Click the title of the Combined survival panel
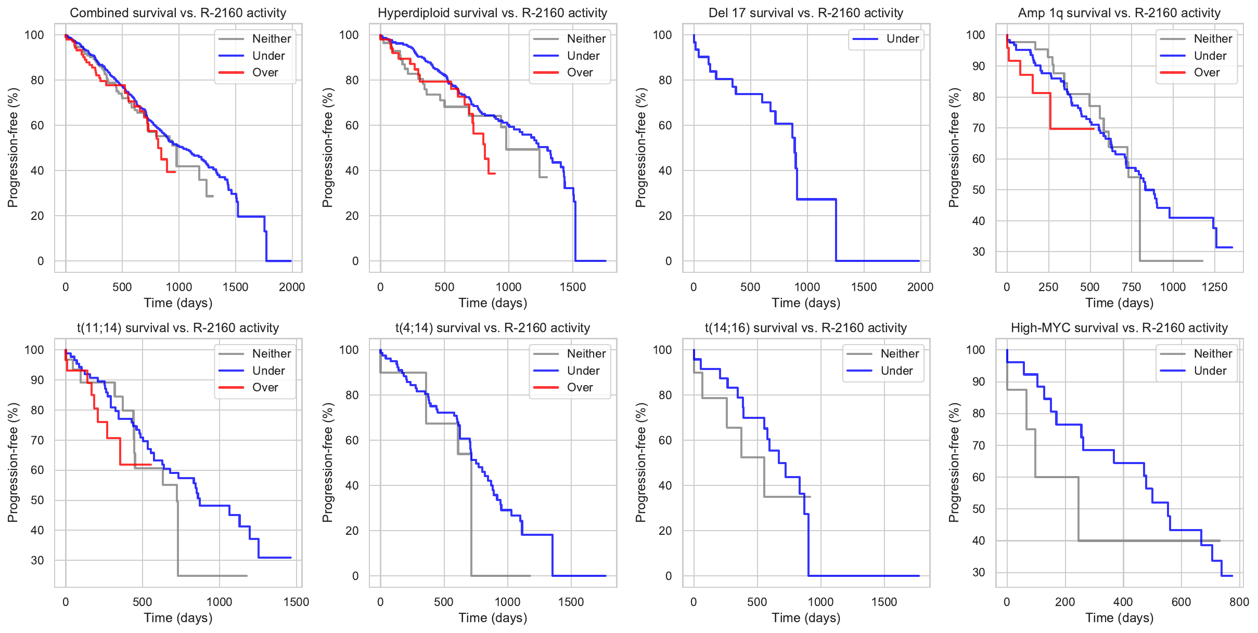tap(178, 13)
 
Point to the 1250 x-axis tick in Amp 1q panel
tap(1214, 287)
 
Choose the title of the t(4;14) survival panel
tap(492, 328)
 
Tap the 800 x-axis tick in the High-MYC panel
tap(1239, 602)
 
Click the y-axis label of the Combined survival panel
tap(12, 148)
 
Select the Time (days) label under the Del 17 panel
tap(806, 303)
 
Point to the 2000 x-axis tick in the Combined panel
tap(292, 287)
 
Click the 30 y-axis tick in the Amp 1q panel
tap(979, 252)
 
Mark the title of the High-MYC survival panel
tap(1119, 328)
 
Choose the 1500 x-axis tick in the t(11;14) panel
tap(296, 602)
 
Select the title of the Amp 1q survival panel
tap(1119, 13)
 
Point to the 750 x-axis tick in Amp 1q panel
tap(1131, 287)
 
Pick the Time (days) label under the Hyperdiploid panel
tap(492, 303)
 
